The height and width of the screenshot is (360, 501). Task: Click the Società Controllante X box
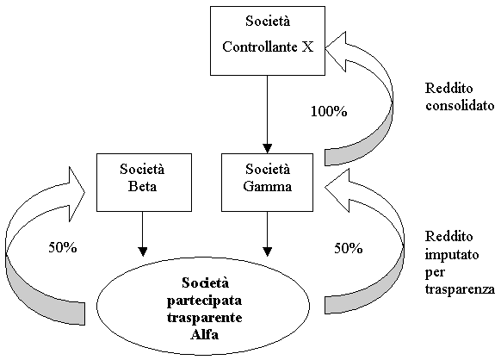pos(268,41)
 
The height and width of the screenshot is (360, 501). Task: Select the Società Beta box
pos(144,183)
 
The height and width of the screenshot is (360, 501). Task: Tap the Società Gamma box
pos(267,183)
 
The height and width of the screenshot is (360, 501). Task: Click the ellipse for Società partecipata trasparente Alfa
pos(203,306)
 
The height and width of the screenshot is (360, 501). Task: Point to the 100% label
pos(329,111)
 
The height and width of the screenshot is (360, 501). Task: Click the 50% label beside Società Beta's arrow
pos(63,247)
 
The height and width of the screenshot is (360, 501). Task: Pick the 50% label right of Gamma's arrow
pos(349,248)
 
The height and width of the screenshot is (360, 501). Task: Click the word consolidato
pos(460,105)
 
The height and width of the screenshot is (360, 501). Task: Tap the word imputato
pos(452,254)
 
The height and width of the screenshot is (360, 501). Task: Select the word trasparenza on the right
pos(460,289)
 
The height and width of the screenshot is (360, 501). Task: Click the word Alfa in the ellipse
pos(205,334)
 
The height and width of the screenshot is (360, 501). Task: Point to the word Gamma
pos(267,186)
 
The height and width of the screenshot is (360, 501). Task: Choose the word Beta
pos(143,186)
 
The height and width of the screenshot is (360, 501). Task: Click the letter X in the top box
pos(307,47)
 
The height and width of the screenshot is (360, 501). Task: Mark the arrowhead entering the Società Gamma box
pos(267,149)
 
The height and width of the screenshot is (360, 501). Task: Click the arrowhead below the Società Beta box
pos(143,251)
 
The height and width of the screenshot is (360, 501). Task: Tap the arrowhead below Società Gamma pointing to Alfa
pos(267,251)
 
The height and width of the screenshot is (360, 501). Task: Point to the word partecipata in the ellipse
pos(204,301)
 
